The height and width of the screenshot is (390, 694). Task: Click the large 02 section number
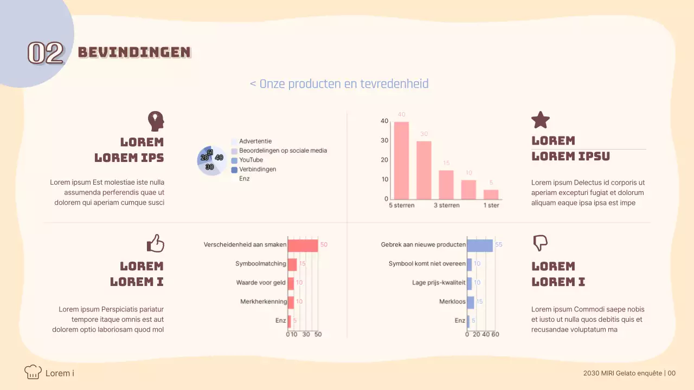(46, 53)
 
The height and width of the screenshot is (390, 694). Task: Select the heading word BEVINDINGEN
(134, 52)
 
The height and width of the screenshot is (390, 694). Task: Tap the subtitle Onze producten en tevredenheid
(339, 84)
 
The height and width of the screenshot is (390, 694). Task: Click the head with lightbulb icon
(156, 121)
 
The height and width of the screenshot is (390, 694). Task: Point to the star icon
(540, 120)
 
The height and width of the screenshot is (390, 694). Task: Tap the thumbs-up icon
(156, 243)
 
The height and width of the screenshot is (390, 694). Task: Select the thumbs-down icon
(541, 243)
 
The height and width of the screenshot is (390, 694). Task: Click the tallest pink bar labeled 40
(401, 160)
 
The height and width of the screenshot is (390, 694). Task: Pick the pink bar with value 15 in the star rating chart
(446, 185)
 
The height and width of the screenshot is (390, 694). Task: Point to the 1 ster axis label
(491, 205)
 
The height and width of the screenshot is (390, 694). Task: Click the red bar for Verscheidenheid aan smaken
(303, 245)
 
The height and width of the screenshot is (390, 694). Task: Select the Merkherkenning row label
(264, 302)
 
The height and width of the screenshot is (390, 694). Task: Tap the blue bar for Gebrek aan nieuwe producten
(480, 245)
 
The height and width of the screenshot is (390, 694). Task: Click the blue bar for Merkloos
(471, 302)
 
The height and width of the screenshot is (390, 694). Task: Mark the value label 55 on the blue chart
(499, 245)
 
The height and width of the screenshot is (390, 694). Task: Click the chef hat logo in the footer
(33, 372)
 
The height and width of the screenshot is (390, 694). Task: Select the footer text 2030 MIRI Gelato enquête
(622, 373)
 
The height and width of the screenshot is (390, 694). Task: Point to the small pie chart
(210, 161)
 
